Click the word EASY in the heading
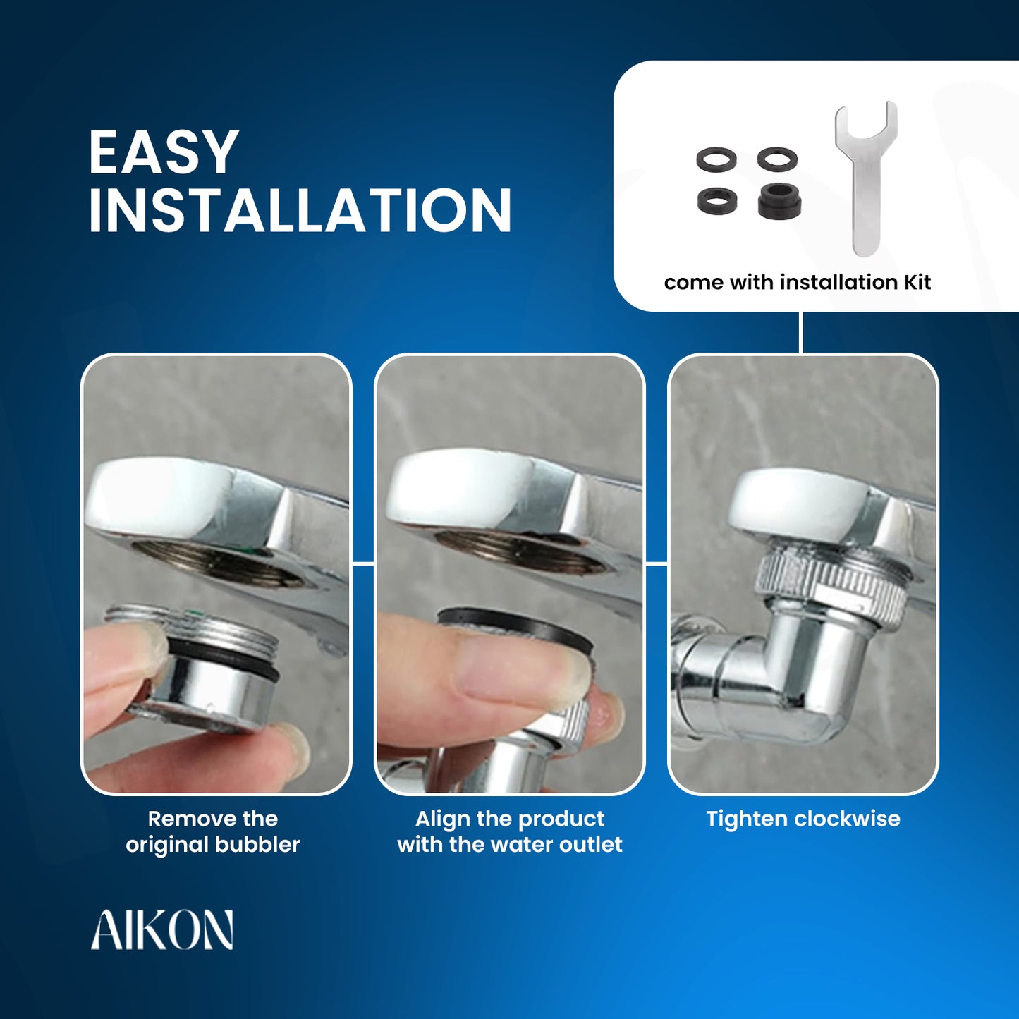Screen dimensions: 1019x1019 pos(163,152)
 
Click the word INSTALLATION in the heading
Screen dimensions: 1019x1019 pos(300,210)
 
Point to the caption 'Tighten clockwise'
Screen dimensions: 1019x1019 pos(803,819)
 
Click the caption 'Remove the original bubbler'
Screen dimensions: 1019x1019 pos(213,831)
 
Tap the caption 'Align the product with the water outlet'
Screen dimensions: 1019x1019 pos(510,831)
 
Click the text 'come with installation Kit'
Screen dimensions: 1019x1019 pos(798,282)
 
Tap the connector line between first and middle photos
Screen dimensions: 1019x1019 pos(362,565)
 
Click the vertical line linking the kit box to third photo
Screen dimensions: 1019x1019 pos(802,332)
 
